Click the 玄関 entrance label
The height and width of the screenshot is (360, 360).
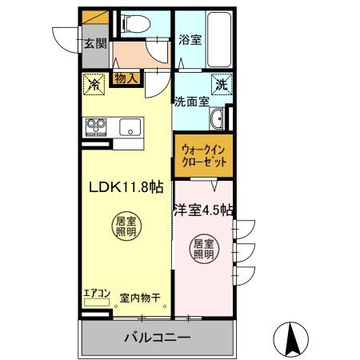(94, 43)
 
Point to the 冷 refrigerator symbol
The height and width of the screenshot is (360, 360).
(94, 82)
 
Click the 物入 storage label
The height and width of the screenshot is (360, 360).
(126, 78)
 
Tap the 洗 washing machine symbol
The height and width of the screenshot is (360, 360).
(221, 82)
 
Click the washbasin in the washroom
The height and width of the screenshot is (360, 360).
(218, 121)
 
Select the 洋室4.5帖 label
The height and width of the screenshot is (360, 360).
(204, 211)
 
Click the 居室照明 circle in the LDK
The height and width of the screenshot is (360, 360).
(122, 226)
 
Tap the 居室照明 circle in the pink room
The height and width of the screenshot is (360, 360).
(204, 250)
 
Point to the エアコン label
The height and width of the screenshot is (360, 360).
(96, 294)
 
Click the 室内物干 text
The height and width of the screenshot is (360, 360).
(140, 298)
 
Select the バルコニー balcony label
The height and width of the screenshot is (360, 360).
(157, 337)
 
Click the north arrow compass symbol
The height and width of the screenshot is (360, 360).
(294, 338)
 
